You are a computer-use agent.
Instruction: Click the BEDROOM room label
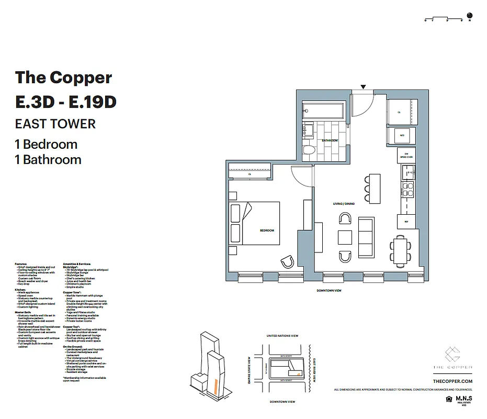267,230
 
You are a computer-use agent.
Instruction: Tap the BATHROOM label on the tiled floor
330,140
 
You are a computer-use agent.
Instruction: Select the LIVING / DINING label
344,203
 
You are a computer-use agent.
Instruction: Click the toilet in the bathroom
309,151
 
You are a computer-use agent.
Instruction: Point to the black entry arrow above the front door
364,87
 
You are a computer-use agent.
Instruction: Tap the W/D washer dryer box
402,135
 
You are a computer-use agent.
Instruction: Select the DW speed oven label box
406,155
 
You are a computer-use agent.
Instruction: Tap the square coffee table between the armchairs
345,237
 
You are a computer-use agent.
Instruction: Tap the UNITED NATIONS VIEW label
282,336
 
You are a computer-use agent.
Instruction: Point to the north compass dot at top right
469,15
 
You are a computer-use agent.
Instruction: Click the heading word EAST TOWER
55,124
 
